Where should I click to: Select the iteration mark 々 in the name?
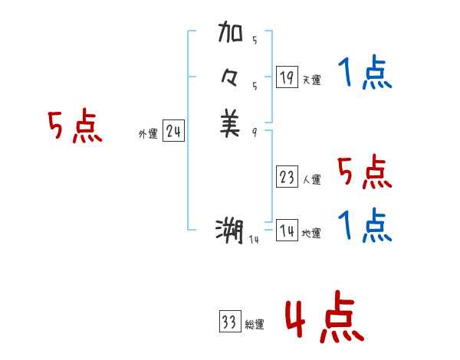(x=230, y=80)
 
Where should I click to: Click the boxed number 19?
(x=287, y=77)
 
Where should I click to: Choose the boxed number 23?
(x=287, y=178)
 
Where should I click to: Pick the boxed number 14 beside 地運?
(x=287, y=231)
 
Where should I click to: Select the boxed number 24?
(x=173, y=132)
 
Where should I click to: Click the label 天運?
(x=311, y=80)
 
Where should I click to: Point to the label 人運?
(x=311, y=180)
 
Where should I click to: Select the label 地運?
(x=311, y=233)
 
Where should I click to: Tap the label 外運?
(x=148, y=134)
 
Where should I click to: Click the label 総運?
(x=255, y=325)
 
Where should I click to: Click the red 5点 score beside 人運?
(x=365, y=172)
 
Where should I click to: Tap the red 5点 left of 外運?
(x=75, y=127)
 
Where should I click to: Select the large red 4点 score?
(x=324, y=319)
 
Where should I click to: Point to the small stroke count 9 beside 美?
(x=254, y=133)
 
